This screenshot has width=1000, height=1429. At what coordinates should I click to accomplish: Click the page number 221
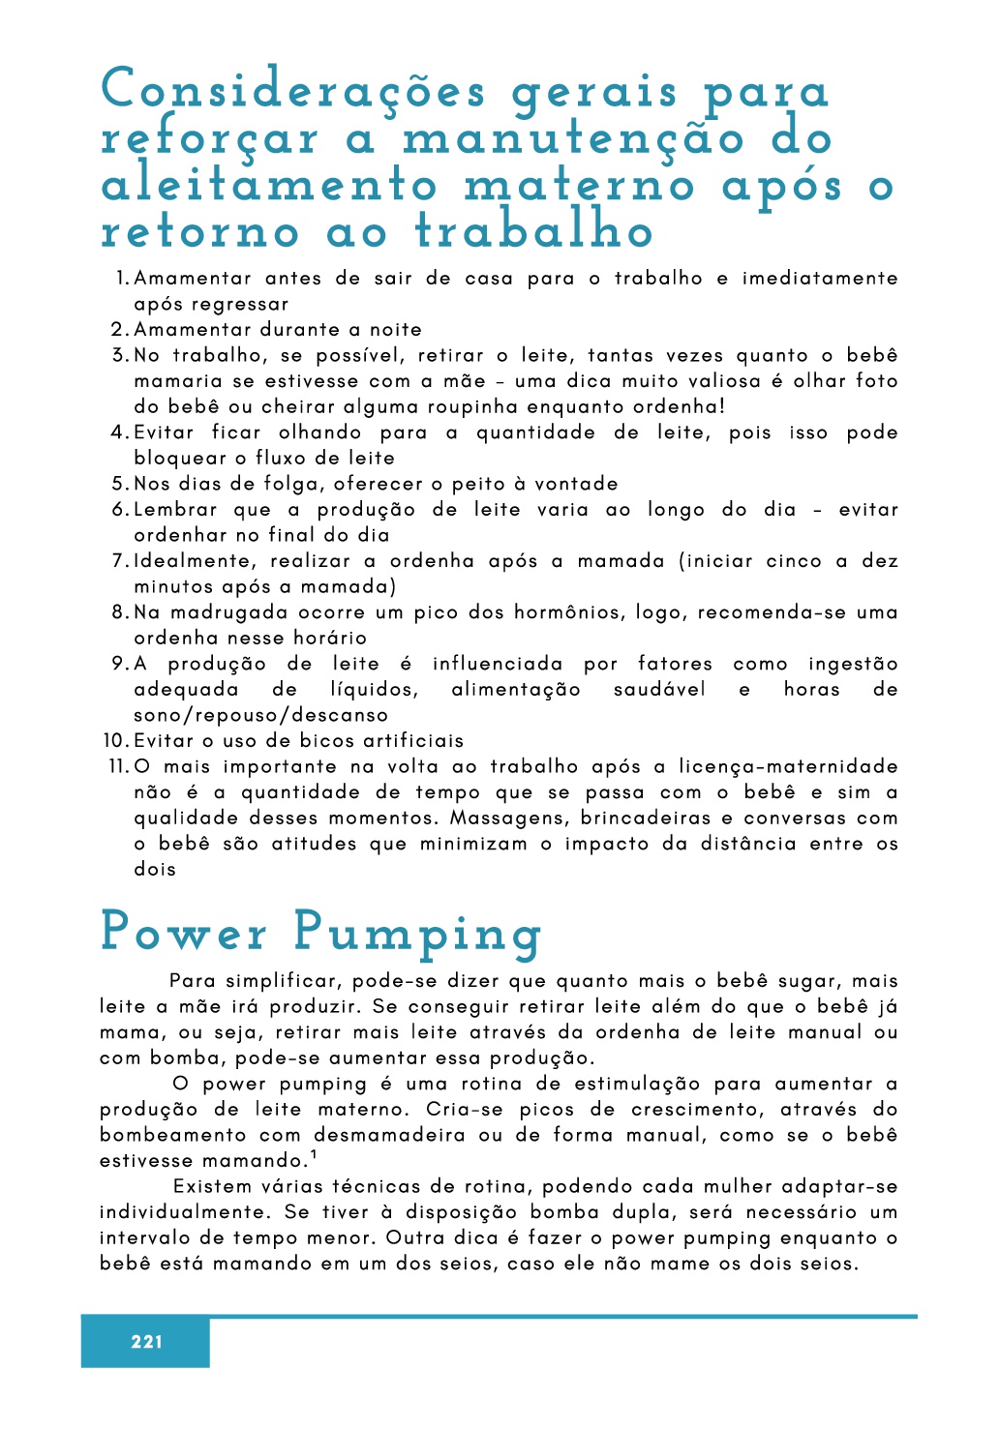click(x=146, y=1341)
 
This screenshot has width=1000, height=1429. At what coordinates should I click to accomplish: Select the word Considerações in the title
click(x=293, y=91)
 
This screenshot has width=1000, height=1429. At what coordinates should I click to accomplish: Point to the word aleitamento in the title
click(x=270, y=185)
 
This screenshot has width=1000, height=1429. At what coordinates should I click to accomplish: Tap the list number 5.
click(x=119, y=484)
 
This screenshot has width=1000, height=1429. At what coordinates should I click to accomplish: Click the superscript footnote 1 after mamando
click(x=314, y=1154)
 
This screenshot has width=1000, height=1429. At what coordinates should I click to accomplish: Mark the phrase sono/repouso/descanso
click(x=261, y=716)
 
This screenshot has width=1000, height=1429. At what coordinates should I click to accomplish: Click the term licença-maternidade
click(x=788, y=767)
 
